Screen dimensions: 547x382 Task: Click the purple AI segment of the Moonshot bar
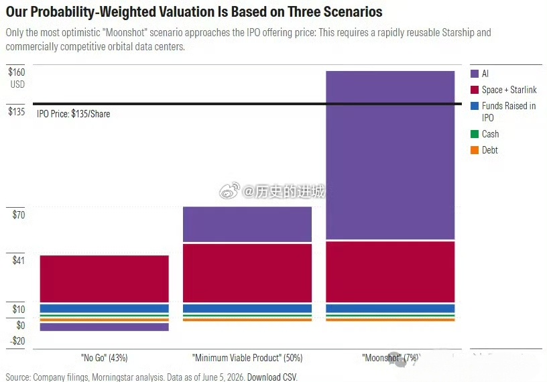click(390, 155)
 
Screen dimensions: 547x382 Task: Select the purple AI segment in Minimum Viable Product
click(247, 224)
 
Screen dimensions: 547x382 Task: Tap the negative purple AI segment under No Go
click(105, 327)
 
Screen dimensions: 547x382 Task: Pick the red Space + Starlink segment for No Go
click(105, 279)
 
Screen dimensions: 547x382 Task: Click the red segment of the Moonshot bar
click(390, 272)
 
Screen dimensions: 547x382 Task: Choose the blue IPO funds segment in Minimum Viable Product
click(247, 308)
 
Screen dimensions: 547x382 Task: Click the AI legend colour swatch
click(475, 74)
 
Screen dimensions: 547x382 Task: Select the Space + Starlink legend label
click(509, 90)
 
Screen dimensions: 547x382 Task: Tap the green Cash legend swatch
click(475, 134)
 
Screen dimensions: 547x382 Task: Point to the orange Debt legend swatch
click(475, 150)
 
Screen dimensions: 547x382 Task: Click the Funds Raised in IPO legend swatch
click(475, 106)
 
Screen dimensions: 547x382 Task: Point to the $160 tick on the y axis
click(17, 72)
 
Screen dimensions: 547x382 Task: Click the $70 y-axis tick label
click(19, 214)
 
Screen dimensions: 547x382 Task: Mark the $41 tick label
click(19, 260)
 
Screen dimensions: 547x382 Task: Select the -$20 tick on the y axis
click(17, 341)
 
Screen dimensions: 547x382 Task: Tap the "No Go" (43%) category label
click(105, 358)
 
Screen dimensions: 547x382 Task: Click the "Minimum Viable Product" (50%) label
click(247, 358)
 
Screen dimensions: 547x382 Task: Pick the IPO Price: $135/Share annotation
click(73, 114)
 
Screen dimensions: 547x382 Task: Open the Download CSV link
click(272, 377)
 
